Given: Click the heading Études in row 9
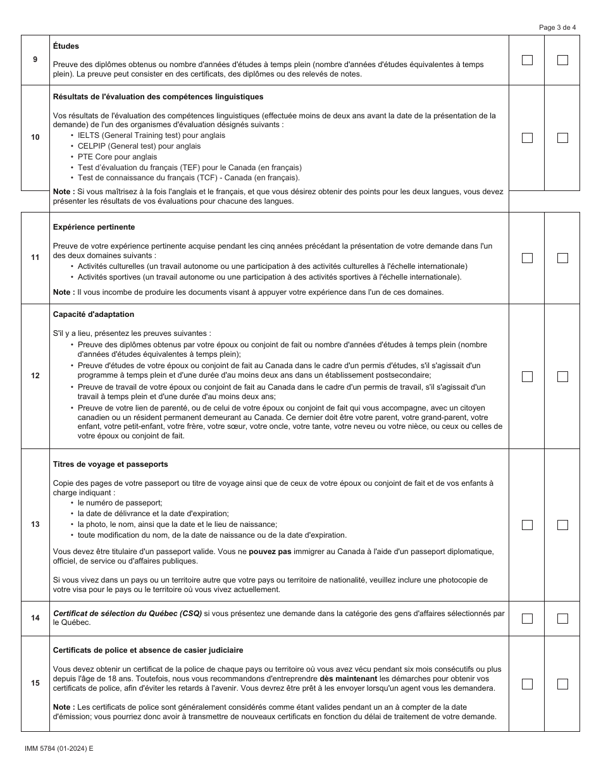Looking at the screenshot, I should (x=66, y=46).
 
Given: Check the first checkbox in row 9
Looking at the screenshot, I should (x=527, y=60).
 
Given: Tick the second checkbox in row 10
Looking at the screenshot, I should (x=562, y=138).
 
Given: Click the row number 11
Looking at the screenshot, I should (x=35, y=257).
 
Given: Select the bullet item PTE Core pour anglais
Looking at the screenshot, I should (x=118, y=157).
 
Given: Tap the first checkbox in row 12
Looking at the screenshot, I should (x=527, y=376).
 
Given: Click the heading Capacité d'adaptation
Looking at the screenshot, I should (x=94, y=314).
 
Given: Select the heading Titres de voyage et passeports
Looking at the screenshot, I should (x=111, y=464).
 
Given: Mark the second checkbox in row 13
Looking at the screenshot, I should (x=562, y=525).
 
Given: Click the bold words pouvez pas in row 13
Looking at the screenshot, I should (x=270, y=552).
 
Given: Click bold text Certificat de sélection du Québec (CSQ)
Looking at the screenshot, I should (x=127, y=614).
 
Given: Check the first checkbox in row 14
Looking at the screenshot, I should (x=527, y=619).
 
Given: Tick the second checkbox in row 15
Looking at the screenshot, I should (x=562, y=684).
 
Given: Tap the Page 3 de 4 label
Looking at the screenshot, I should (x=557, y=27).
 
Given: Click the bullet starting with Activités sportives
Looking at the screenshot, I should (x=269, y=277).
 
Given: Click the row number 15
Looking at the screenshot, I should (x=35, y=683).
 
